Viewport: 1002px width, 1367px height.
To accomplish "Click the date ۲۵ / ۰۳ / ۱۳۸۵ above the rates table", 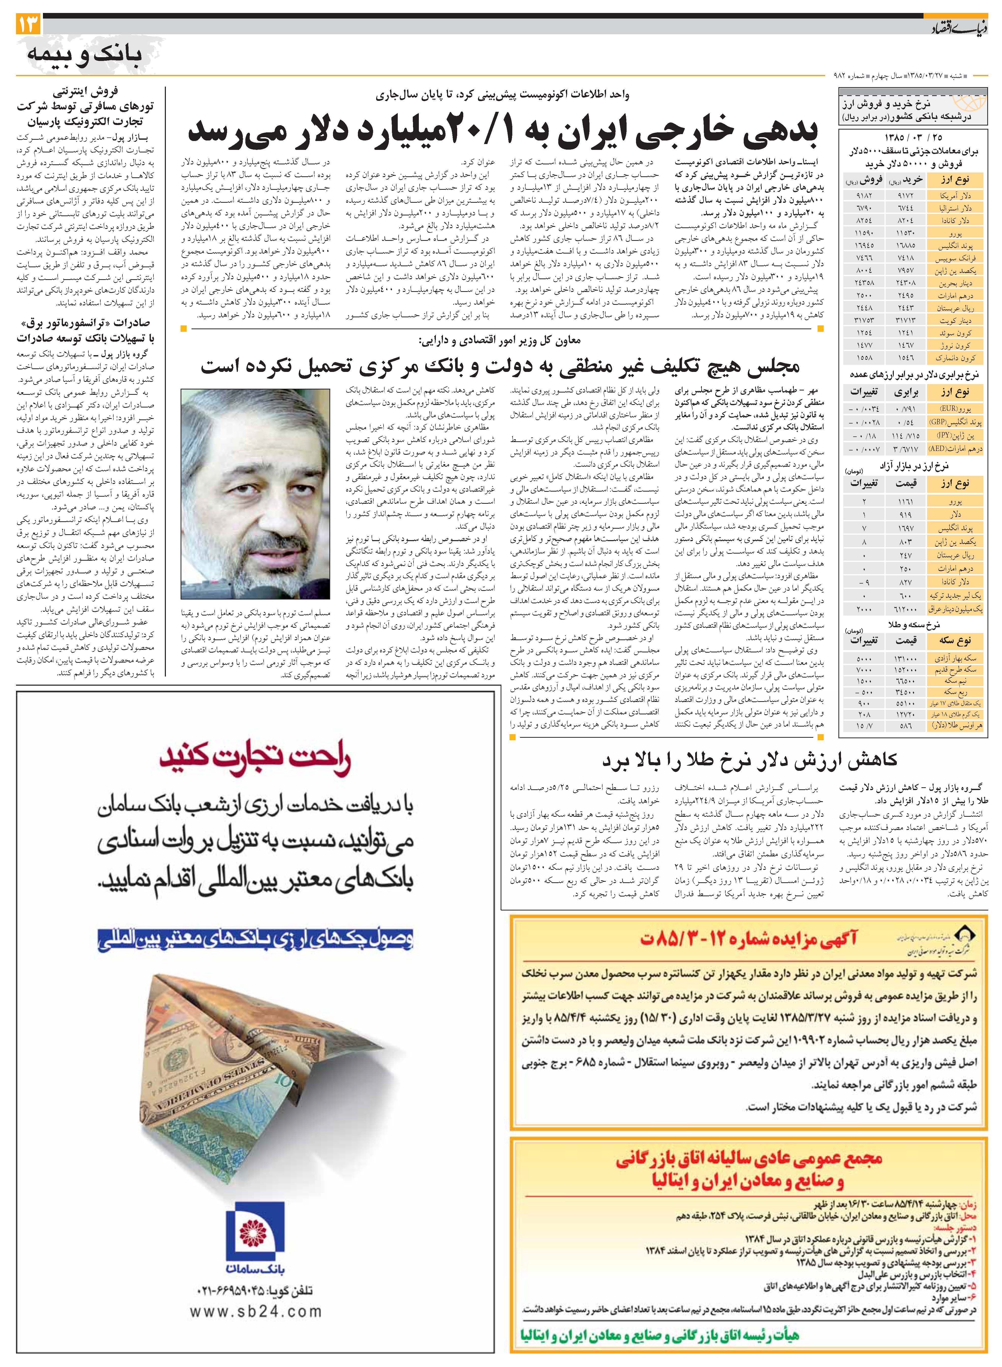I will [x=913, y=138].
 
